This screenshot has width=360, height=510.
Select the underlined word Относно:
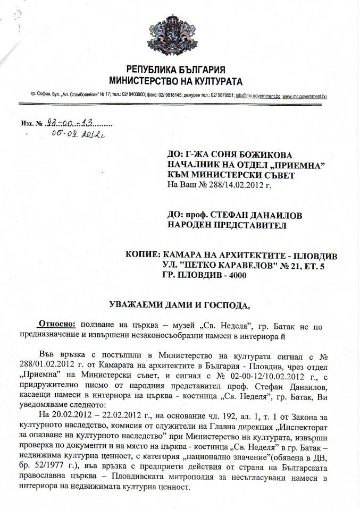pos(57,324)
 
